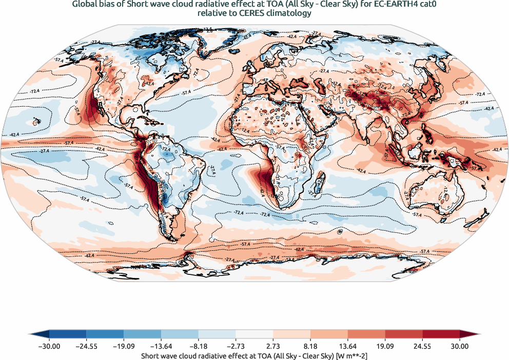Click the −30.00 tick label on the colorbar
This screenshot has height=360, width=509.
pos(49,346)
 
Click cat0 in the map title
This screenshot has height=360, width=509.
pos(429,5)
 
